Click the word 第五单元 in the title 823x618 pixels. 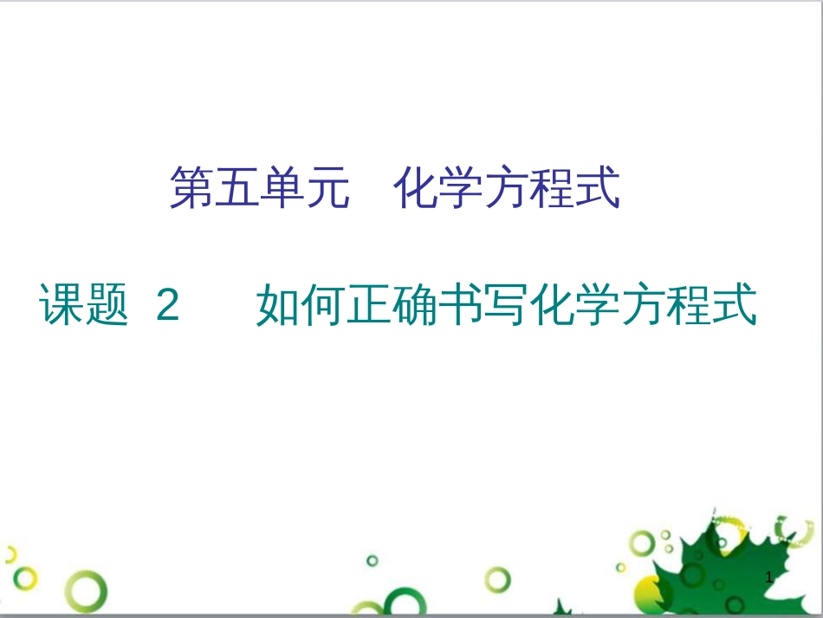point(259,189)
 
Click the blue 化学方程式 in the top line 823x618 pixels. point(507,189)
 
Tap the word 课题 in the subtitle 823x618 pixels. point(85,305)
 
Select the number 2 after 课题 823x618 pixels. point(168,306)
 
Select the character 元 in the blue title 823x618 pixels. point(328,189)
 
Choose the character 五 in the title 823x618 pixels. point(237,189)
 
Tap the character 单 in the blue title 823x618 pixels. point(282,189)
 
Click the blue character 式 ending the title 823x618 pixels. point(598,189)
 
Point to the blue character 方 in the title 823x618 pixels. point(506,189)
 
